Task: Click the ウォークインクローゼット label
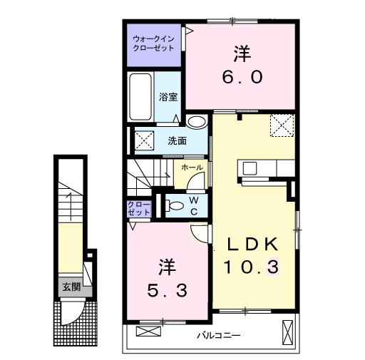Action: (x=154, y=43)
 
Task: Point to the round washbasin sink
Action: (x=195, y=121)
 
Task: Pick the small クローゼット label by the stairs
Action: (x=139, y=208)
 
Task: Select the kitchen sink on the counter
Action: (x=250, y=168)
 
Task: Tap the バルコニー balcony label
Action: (x=217, y=334)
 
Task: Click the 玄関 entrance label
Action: (x=70, y=287)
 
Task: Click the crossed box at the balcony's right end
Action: (x=287, y=332)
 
